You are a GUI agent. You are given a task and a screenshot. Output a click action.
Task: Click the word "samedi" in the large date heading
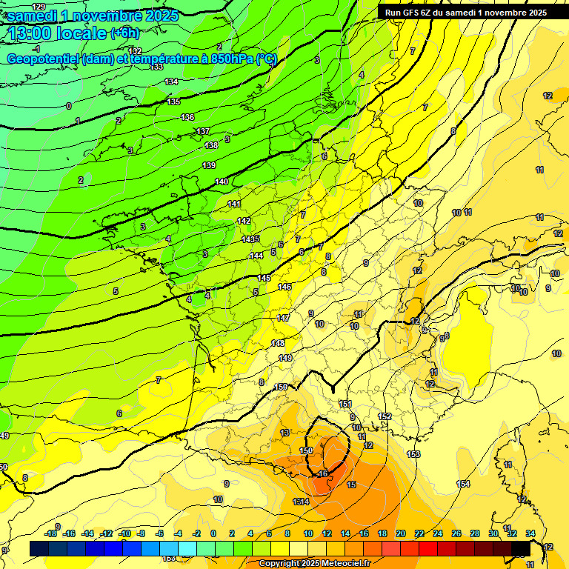[36, 15]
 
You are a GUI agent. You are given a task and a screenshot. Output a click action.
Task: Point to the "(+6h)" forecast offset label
[124, 33]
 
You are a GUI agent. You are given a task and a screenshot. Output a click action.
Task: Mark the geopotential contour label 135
[174, 102]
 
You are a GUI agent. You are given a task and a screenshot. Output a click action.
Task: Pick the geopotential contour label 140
[222, 182]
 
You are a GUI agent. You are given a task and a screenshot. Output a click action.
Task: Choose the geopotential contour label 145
[264, 278]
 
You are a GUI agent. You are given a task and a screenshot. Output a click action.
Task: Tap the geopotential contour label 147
[283, 318]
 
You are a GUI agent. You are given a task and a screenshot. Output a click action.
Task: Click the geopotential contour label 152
[385, 416]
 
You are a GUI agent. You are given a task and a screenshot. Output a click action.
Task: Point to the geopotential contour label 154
[463, 484]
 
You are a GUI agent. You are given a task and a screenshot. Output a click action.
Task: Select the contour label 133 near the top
[156, 67]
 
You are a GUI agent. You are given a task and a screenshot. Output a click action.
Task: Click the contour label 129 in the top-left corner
[39, 7]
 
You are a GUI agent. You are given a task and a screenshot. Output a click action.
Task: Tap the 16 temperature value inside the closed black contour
[323, 473]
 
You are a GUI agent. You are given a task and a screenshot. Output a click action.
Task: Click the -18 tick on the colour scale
[51, 533]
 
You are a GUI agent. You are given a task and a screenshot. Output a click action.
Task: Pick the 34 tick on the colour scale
[530, 533]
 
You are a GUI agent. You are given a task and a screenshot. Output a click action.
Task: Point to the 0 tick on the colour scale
[213, 533]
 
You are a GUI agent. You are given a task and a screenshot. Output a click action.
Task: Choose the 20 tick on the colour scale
[401, 533]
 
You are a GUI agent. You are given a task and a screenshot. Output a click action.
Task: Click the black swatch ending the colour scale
[521, 548]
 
